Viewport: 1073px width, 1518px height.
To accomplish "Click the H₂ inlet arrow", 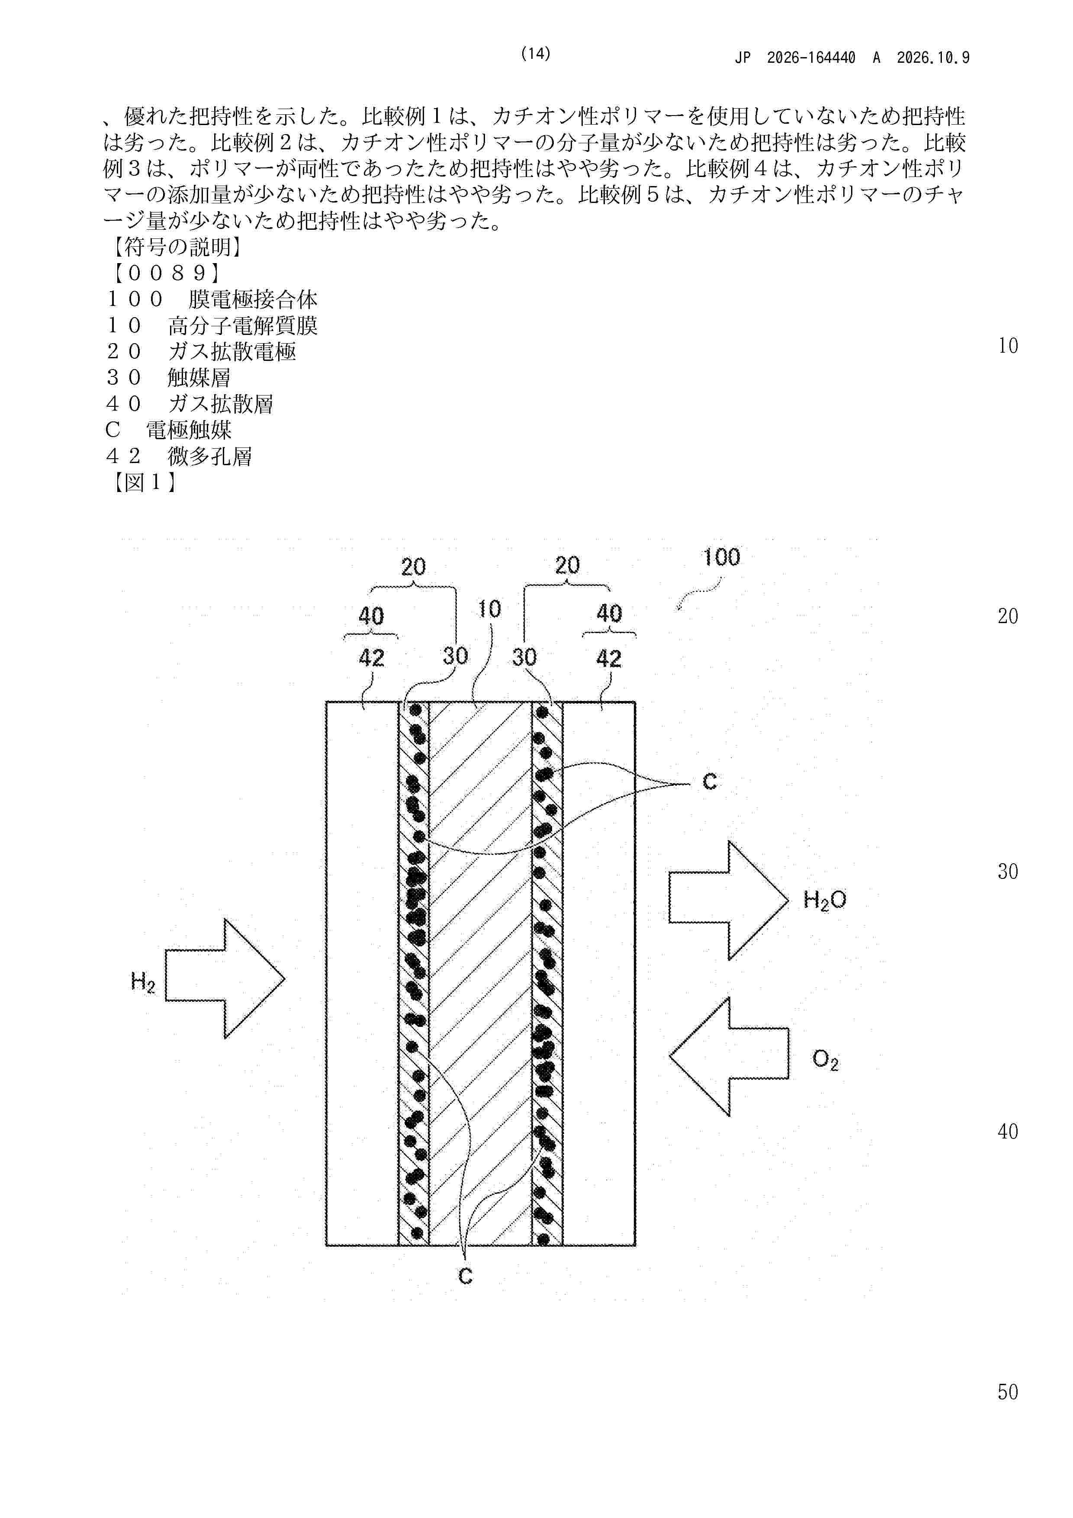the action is click(225, 978).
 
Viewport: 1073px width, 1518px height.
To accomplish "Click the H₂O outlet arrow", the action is click(729, 900).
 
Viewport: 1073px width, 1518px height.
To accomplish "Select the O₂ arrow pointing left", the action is click(729, 1057).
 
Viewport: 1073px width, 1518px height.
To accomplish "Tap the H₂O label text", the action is click(824, 900).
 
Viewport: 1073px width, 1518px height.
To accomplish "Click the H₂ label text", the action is click(143, 982).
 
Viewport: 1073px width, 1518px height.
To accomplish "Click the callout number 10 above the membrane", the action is click(489, 609).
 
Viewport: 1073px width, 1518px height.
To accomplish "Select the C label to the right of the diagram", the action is click(710, 782).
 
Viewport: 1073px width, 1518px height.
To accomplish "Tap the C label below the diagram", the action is click(466, 1276).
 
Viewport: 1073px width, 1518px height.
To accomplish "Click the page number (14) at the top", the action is click(536, 54).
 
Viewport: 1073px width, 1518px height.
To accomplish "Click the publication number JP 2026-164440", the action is click(795, 58).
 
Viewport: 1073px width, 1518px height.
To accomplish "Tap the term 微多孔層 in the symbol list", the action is click(209, 456).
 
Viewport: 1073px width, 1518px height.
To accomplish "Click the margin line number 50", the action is click(1008, 1393).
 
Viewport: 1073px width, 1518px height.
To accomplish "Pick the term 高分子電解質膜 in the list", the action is click(243, 325).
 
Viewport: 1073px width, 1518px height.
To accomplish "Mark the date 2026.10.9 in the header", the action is click(933, 58).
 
